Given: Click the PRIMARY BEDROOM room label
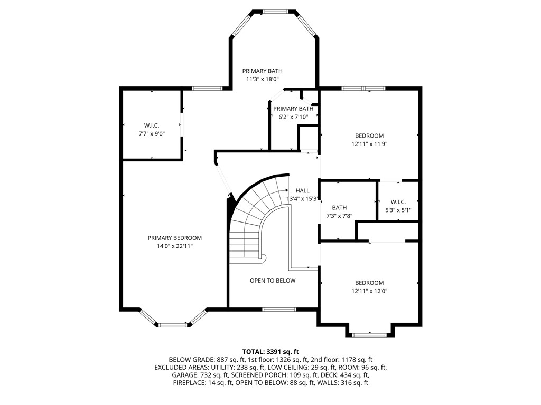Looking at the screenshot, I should coord(174,238).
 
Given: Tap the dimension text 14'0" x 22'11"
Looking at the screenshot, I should coord(174,246).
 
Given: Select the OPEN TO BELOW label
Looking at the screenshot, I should coord(273,281).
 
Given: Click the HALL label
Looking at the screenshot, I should coord(302,190).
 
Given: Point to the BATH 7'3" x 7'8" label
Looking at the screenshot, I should coord(339,211).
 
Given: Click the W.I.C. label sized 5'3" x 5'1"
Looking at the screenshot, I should coord(398,206).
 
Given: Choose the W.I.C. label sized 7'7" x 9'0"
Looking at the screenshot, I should coord(152,130).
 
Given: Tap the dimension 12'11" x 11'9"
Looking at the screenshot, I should coord(369,143).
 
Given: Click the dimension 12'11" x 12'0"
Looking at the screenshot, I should coord(369,291).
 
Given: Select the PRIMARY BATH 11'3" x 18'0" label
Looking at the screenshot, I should coord(263,75).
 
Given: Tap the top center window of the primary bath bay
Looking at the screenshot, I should coord(275,11).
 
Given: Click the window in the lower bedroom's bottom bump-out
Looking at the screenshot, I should coord(369,334).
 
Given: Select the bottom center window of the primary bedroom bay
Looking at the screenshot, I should coord(173,325).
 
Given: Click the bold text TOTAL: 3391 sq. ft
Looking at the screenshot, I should coord(270,351).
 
